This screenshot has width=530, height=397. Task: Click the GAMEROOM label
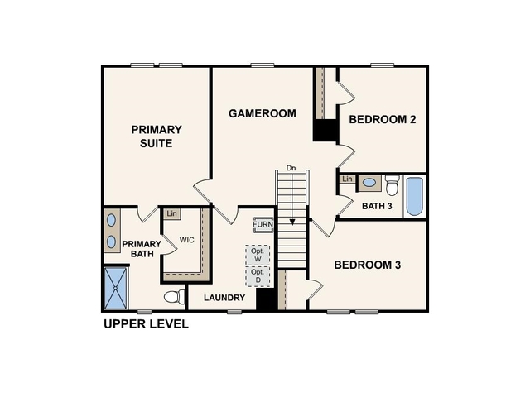coord(262,113)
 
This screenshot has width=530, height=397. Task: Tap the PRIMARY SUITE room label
coord(156,136)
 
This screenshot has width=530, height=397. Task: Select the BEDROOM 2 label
coord(382,119)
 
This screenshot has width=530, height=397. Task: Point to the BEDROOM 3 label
coord(367,265)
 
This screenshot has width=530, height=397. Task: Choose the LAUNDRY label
coord(224,298)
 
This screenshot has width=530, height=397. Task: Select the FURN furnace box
coord(263,225)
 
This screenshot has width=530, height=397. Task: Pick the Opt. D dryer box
coord(258,276)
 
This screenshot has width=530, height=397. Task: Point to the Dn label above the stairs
coord(291,169)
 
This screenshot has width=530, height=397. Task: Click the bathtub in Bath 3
coord(413,197)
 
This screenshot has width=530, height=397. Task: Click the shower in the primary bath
coord(118,287)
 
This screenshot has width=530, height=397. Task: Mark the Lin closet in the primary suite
coord(171,214)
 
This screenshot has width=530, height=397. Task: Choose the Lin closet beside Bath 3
coord(347,179)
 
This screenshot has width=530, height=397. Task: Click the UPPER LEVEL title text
coord(146,323)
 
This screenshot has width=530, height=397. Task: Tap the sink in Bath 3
coord(369,183)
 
